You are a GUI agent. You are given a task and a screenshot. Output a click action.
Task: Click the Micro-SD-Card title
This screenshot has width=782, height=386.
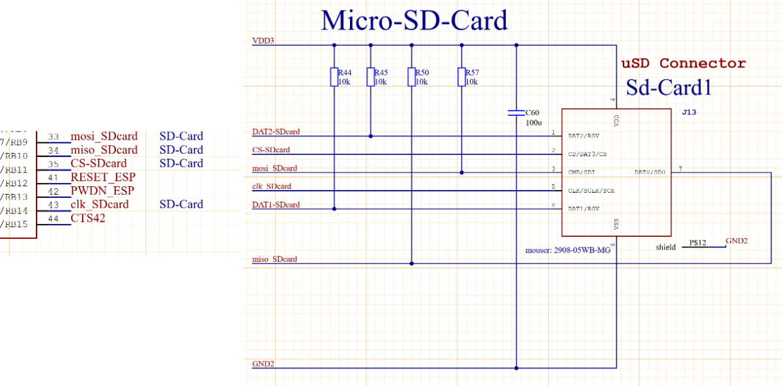414,21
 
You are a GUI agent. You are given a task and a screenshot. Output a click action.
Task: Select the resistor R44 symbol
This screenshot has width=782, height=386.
334,77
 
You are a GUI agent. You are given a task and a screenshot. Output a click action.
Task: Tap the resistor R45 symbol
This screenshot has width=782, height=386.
371,77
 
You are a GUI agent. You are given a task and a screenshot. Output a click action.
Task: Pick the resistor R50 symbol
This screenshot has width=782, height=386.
411,77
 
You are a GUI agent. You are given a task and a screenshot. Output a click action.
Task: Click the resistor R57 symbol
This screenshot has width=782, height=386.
461,77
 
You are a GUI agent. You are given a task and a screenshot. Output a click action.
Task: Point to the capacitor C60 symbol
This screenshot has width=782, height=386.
516,113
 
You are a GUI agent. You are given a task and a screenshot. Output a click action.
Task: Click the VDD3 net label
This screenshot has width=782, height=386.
263,40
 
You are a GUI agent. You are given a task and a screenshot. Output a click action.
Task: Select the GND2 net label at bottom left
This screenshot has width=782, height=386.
263,363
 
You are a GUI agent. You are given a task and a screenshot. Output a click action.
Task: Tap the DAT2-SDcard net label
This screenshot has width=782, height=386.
276,131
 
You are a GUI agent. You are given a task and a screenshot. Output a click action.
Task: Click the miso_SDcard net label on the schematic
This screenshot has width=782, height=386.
274,259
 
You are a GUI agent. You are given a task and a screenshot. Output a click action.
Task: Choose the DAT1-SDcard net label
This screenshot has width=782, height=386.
276,204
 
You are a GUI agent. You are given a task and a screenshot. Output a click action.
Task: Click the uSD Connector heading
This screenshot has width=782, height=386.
683,63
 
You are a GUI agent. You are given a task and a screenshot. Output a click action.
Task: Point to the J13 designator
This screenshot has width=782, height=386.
689,113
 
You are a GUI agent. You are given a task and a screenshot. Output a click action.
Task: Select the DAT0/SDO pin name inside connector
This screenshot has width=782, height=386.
649,172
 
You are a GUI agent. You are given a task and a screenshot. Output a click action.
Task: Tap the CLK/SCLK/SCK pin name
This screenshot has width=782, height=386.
591,191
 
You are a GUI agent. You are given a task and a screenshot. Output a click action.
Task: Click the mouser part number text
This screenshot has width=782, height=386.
568,250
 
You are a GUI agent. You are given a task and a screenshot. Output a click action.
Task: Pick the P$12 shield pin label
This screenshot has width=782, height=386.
697,243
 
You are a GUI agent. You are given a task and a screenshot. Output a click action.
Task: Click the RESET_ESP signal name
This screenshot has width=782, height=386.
103,177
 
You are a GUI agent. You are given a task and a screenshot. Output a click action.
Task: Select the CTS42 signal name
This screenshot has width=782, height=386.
88,218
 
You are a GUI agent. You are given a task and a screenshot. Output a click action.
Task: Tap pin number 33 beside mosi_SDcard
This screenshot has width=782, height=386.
53,137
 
